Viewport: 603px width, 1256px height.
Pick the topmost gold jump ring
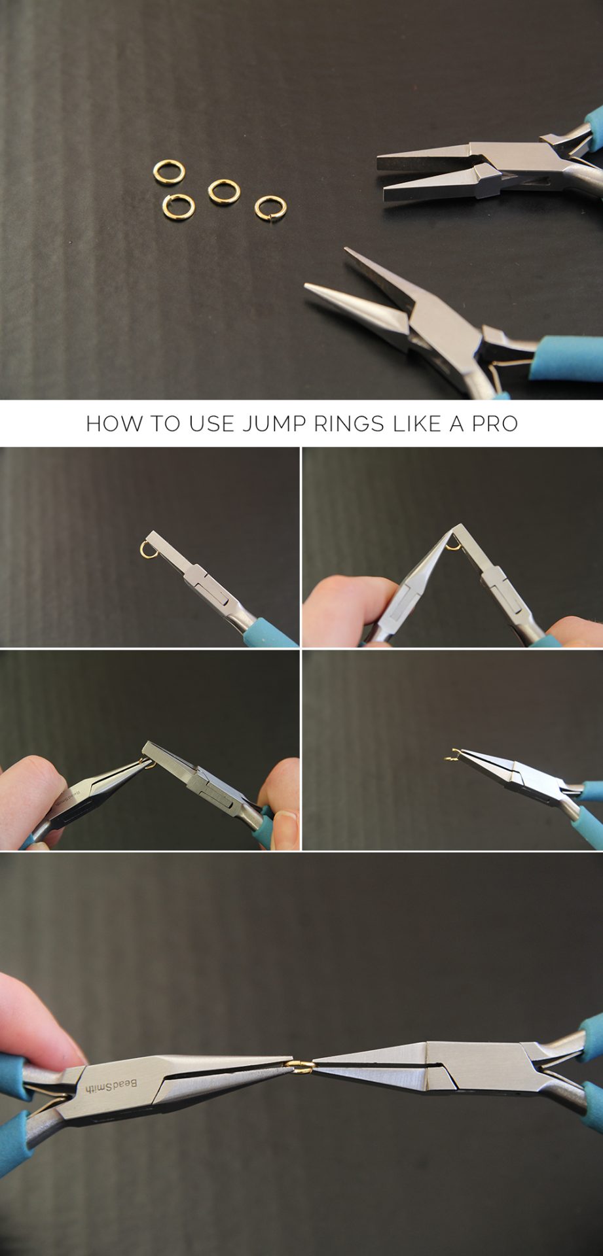(169, 172)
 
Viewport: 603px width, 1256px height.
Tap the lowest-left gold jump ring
(177, 205)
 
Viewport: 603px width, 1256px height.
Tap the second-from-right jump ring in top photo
(224, 190)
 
